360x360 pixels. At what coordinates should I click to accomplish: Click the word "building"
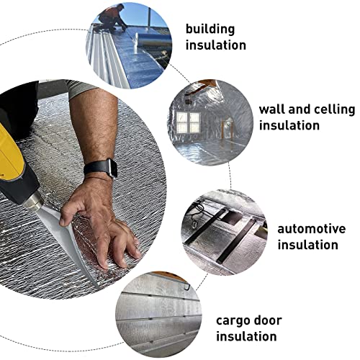click(x=210, y=29)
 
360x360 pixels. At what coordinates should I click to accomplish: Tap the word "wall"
click(x=271, y=109)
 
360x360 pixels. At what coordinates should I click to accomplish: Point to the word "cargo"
click(x=233, y=320)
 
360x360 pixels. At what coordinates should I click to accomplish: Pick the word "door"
click(x=269, y=320)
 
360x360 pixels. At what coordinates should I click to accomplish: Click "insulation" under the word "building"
click(x=215, y=45)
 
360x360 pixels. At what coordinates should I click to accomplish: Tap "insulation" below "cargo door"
click(x=247, y=336)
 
